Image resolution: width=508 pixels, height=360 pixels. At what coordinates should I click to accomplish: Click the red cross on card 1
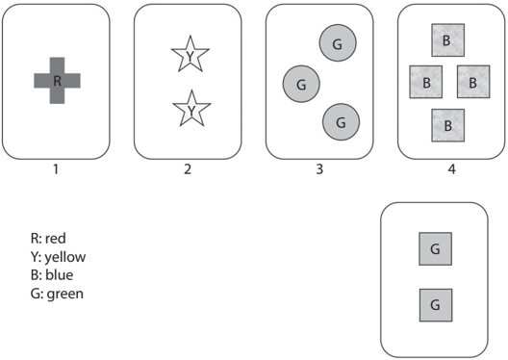pos(57,81)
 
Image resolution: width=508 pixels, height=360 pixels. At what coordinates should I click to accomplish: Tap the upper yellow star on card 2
pos(190,55)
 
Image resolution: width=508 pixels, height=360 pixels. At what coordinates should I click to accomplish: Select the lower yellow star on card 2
pos(191,110)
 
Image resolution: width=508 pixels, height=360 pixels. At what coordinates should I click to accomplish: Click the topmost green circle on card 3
pos(338,42)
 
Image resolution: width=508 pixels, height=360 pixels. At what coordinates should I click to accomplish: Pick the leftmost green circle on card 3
pos(301,84)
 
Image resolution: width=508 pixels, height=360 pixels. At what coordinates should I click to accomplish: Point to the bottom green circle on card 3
pos(341,122)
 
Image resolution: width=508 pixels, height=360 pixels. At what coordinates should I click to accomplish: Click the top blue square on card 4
pos(447,40)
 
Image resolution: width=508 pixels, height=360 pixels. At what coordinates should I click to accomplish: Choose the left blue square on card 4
pos(426,82)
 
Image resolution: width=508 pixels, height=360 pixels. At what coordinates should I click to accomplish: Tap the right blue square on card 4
pos(473,82)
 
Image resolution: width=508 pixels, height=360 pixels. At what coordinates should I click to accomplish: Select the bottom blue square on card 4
pos(447,125)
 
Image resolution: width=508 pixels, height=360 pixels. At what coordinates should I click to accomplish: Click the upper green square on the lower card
pos(436,249)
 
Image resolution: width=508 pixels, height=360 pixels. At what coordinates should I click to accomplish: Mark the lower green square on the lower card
pos(436,305)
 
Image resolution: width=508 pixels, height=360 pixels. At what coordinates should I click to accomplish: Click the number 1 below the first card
pos(56,169)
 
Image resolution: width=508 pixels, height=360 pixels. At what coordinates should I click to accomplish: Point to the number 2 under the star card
pos(188,169)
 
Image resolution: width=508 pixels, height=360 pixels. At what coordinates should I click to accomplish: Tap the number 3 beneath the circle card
pos(319,169)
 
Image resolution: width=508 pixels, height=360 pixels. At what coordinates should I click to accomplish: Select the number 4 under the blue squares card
pos(451,169)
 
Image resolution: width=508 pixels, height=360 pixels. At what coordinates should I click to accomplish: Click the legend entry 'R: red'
pos(48,238)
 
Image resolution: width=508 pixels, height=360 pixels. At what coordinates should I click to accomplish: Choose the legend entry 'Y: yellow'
pos(59,257)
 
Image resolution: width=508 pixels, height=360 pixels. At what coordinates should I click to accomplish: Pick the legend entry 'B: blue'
pos(52,274)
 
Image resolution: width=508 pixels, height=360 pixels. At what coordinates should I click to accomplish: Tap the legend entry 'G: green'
pos(57,294)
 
